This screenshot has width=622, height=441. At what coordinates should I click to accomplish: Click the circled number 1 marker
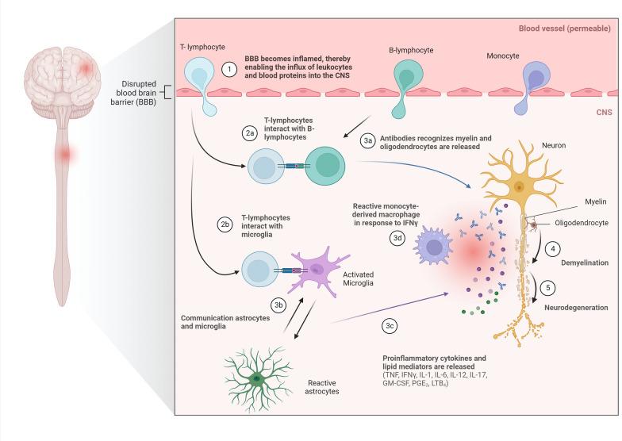pos(229,69)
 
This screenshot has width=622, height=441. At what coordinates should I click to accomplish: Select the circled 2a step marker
pos(249,134)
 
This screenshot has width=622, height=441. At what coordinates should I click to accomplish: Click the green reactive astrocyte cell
pos(256,378)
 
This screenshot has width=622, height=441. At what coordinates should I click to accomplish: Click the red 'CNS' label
pos(602,113)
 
